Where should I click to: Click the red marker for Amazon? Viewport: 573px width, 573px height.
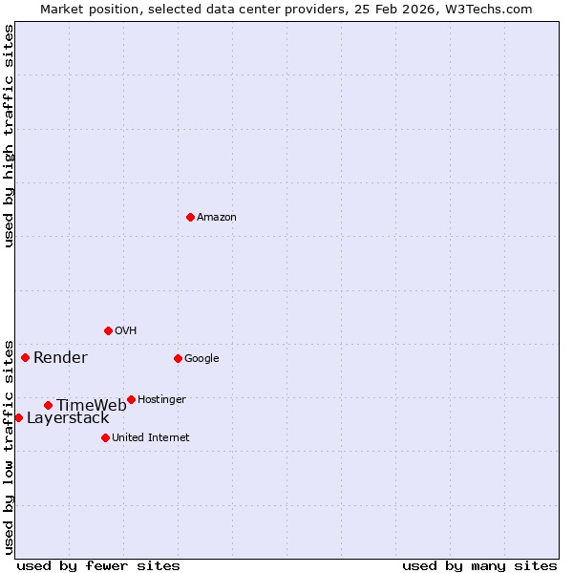tap(190, 217)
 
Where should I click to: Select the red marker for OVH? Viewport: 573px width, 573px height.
tap(108, 330)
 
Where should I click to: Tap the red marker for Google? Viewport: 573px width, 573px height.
tap(178, 358)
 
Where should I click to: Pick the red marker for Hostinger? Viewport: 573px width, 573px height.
tap(131, 399)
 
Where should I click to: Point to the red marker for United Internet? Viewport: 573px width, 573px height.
tap(105, 437)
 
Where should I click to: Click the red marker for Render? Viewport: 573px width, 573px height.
tap(25, 357)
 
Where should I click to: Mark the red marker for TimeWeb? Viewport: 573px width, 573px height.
tap(48, 405)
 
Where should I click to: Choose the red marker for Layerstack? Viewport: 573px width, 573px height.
tap(18, 417)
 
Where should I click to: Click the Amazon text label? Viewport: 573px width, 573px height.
tap(217, 218)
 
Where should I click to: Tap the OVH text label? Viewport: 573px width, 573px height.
tap(126, 331)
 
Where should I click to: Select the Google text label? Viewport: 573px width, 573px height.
tap(202, 359)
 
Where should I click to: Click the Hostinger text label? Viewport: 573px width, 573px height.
tap(161, 400)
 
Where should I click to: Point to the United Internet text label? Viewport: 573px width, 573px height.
tap(151, 438)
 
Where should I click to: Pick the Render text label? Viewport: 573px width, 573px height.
tap(60, 358)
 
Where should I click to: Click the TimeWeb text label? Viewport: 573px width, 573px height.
tap(91, 406)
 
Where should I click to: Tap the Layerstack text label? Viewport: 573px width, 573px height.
tap(68, 418)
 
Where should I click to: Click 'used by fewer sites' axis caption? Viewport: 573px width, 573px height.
tap(98, 566)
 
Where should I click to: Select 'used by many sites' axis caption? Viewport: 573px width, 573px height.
tap(479, 566)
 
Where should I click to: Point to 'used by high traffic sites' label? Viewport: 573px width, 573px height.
tap(9, 135)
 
